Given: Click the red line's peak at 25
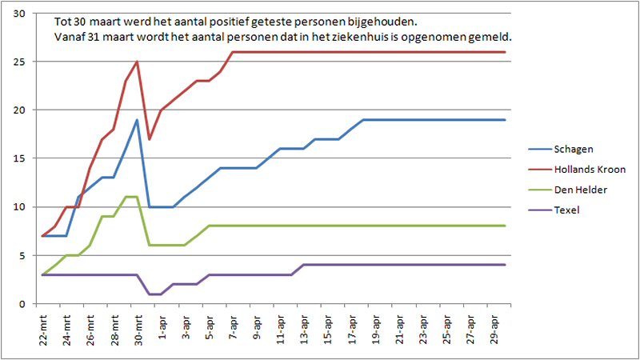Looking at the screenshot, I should coord(138,62).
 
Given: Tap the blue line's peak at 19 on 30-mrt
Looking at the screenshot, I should coord(138,120).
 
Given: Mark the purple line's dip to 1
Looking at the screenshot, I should coord(155,294).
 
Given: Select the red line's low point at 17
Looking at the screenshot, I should coord(150,139).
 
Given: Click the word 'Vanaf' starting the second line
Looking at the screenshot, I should coord(70,37).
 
